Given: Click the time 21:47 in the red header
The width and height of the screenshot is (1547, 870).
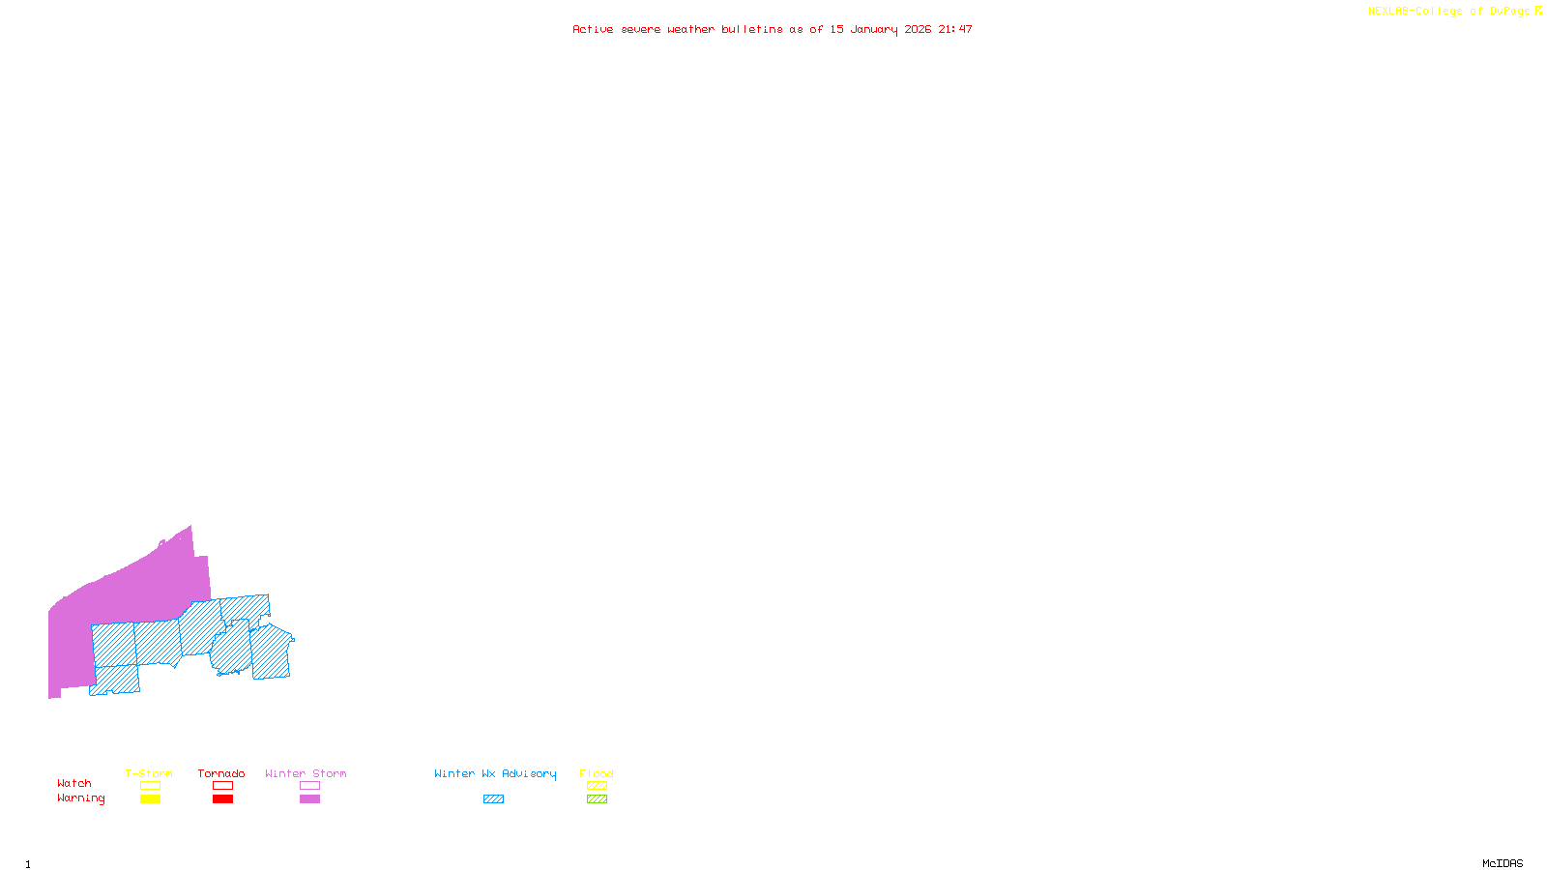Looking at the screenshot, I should (954, 29).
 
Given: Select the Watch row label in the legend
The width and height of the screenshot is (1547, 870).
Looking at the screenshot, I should (74, 783).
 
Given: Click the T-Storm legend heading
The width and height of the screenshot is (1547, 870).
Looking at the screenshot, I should (149, 773).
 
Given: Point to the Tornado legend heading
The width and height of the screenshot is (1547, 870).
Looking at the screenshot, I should (221, 773).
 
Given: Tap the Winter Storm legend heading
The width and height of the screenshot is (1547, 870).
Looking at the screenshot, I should (306, 773).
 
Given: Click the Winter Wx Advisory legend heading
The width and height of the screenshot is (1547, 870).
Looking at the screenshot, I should (495, 773).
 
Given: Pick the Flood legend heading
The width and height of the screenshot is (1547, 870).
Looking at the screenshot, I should (597, 773).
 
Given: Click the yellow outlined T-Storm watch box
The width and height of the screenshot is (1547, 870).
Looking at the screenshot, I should (150, 786).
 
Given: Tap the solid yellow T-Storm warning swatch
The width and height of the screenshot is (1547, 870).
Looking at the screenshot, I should (150, 799).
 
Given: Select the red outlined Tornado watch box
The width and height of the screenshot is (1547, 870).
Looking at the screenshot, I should (222, 786).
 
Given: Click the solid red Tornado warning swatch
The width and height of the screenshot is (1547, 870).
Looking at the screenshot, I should (222, 799).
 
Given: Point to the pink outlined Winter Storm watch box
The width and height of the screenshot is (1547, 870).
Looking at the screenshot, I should (309, 786).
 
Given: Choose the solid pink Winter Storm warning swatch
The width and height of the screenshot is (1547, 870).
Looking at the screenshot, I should (309, 799).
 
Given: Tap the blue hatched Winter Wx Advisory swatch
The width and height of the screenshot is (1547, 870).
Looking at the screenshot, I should (493, 799).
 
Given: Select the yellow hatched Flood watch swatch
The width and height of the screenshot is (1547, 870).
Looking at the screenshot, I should (597, 786).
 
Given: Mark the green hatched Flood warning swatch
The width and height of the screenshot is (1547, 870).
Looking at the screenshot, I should (597, 799).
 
